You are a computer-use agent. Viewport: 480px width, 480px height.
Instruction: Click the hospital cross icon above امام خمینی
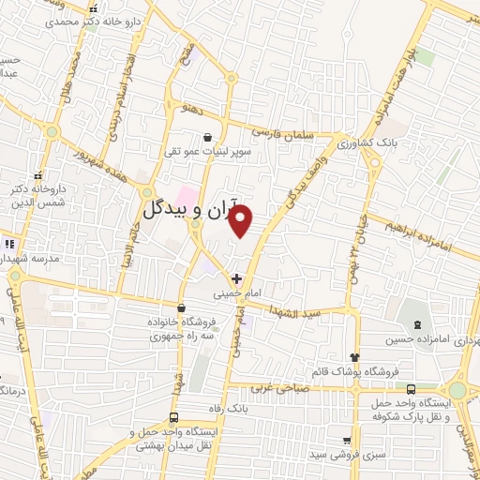[x=236, y=278]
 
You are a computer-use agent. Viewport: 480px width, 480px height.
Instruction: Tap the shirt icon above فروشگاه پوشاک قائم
[x=354, y=357]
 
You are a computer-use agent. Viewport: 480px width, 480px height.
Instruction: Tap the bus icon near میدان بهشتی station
[x=172, y=417]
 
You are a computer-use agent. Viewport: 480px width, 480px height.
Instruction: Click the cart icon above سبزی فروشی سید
[x=347, y=441]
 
